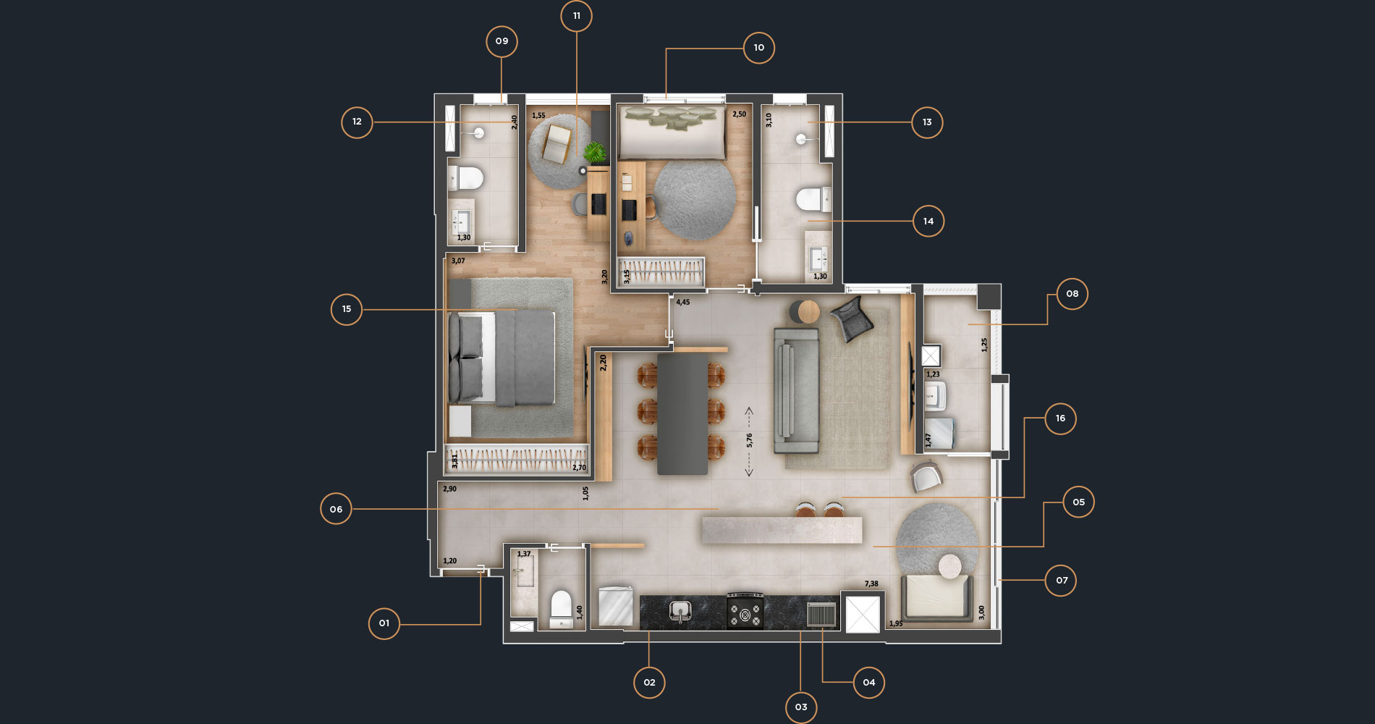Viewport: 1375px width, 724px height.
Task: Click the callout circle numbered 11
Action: [576, 16]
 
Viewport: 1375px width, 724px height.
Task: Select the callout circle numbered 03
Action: [801, 707]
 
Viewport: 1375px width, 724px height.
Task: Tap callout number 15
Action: [347, 309]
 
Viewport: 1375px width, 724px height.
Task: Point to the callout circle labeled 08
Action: [1072, 294]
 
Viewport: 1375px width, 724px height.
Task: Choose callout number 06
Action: [336, 510]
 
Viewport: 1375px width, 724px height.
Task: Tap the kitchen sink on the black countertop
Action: [680, 612]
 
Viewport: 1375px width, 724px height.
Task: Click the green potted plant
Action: [595, 152]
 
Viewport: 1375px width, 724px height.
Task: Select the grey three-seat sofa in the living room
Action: [796, 391]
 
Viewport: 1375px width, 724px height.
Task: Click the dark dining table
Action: [682, 413]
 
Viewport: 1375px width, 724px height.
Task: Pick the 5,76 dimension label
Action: [750, 440]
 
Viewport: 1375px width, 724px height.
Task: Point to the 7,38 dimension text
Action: [871, 584]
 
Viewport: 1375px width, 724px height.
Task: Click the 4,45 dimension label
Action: [683, 303]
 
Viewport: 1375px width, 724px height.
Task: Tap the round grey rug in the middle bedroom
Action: [695, 200]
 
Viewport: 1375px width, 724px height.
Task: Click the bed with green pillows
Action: [672, 132]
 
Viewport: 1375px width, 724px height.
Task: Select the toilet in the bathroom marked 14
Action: [813, 199]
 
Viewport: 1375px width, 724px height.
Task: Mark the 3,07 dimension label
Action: [458, 261]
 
